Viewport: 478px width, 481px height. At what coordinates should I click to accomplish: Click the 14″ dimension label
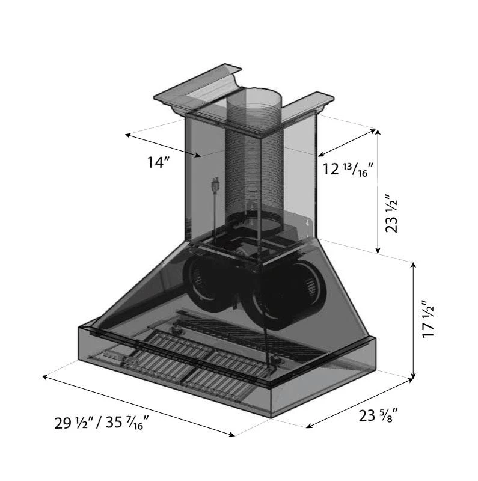[158, 162]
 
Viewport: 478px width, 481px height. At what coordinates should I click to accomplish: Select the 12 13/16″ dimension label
[348, 169]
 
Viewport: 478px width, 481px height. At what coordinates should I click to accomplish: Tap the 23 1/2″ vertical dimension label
[391, 213]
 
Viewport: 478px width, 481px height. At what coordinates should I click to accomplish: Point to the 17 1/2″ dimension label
[428, 319]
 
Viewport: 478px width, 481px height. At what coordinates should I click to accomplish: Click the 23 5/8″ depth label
[378, 415]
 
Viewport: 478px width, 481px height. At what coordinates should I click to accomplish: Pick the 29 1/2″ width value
[73, 423]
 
